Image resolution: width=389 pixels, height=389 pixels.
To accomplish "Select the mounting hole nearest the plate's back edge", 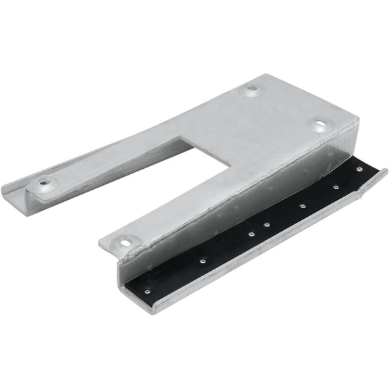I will pyautogui.click(x=252, y=88).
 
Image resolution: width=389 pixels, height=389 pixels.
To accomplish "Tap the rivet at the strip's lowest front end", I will pyautogui.click(x=147, y=292).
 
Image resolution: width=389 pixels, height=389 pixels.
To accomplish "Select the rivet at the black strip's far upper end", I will pyautogui.click(x=360, y=169).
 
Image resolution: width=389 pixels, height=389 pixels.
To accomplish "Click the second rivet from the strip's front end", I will pyautogui.click(x=202, y=259).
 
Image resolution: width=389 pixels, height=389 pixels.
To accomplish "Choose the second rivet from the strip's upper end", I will pyautogui.click(x=335, y=187).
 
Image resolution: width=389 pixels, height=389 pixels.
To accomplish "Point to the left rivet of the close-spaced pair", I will pyautogui.click(x=251, y=234).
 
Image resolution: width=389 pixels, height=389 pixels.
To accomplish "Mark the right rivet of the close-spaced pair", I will pyautogui.click(x=267, y=225).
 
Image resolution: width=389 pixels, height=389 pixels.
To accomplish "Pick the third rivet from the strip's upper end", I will pyautogui.click(x=302, y=205).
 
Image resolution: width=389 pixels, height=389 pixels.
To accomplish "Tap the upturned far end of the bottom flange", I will pyautogui.click(x=382, y=174).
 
